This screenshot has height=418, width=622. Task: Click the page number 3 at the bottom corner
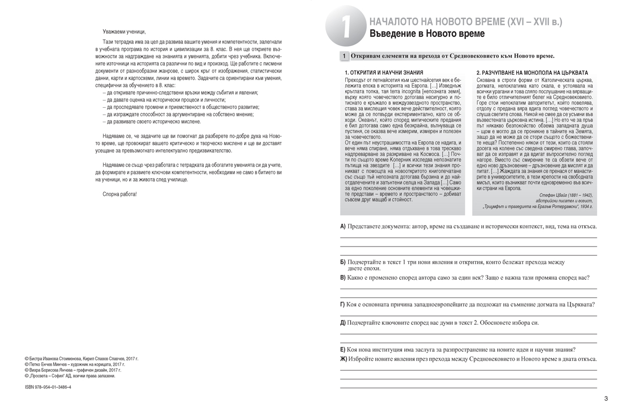click(x=606, y=398)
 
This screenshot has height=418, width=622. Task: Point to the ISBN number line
click(x=48, y=387)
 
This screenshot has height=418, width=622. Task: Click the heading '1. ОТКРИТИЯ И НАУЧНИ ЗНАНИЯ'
click(x=384, y=72)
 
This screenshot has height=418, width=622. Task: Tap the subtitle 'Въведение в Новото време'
click(x=427, y=35)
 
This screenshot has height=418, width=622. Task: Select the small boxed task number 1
click(x=344, y=56)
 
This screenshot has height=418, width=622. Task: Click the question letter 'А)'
click(x=343, y=226)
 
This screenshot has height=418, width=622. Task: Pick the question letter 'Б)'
click(x=343, y=262)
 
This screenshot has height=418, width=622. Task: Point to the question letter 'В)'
click(x=343, y=278)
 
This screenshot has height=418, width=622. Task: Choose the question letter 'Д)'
click(x=343, y=323)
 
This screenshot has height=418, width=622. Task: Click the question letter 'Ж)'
click(x=344, y=359)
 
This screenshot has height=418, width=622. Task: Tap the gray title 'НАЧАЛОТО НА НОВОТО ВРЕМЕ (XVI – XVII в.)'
click(x=465, y=22)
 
